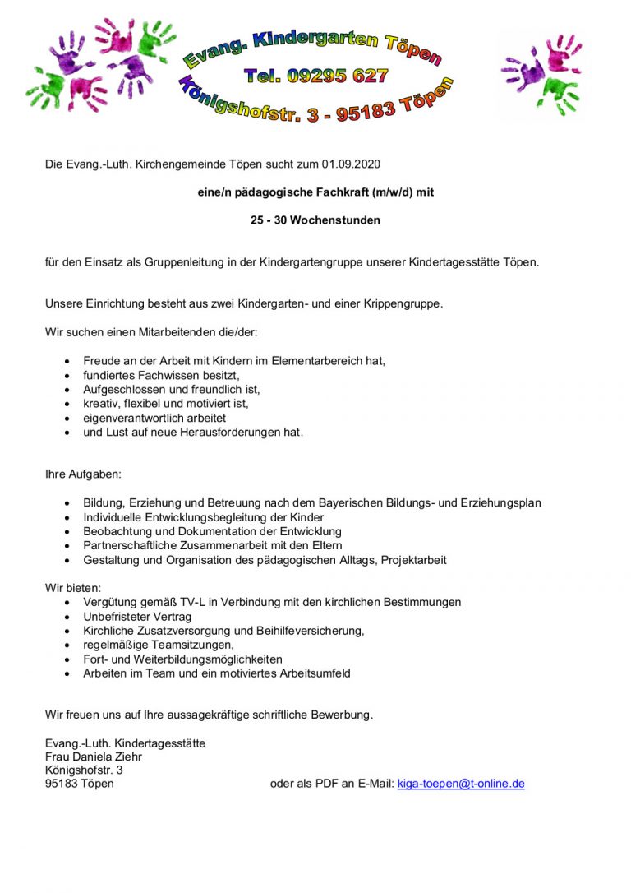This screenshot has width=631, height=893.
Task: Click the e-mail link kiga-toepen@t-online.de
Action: pyautogui.click(x=460, y=784)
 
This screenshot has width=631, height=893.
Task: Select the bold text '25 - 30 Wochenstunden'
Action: pyautogui.click(x=315, y=220)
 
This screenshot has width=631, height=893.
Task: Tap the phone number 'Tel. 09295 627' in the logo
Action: pyautogui.click(x=315, y=76)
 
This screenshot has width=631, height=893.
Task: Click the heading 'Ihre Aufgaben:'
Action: pyautogui.click(x=83, y=475)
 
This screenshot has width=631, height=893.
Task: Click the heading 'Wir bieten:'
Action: pyautogui.click(x=73, y=589)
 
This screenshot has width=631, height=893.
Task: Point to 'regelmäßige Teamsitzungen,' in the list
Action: pyautogui.click(x=158, y=645)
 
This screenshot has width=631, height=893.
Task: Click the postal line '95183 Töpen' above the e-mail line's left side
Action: pyautogui.click(x=79, y=784)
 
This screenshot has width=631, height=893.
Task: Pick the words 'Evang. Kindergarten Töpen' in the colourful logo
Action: pyautogui.click(x=312, y=45)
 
